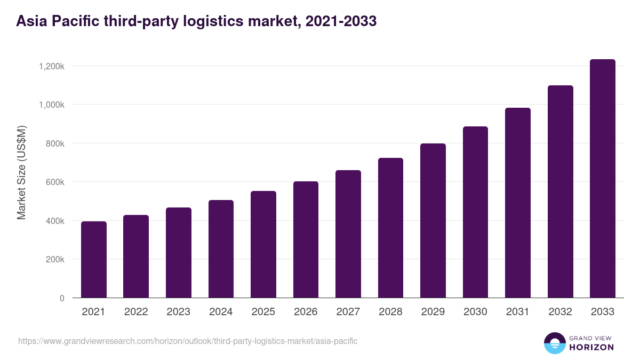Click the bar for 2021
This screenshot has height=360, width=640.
click(93, 260)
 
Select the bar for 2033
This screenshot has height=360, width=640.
click(602, 179)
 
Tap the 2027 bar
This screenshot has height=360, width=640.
click(348, 234)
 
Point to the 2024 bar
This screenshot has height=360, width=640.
click(221, 249)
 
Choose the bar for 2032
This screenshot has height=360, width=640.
click(560, 191)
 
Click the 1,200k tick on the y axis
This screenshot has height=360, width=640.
click(51, 66)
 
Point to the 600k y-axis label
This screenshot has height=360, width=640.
click(54, 182)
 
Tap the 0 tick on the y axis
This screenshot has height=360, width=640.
click(62, 298)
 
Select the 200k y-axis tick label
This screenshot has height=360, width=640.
click(54, 259)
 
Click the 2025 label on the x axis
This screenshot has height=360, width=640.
click(263, 312)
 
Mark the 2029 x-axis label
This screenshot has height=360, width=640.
click(433, 312)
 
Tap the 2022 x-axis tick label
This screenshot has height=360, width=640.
click(136, 312)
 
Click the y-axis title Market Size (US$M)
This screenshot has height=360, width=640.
click(21, 172)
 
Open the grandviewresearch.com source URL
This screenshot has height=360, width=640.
click(188, 341)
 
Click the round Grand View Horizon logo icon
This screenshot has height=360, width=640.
click(554, 343)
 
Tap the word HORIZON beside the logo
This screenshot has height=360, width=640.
click(591, 347)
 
